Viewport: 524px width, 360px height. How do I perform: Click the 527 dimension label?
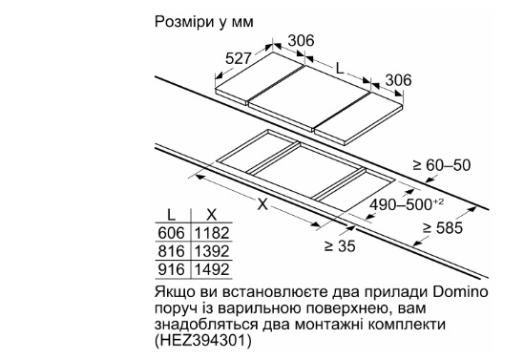click(238, 58)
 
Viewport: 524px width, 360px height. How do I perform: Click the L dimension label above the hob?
click(340, 69)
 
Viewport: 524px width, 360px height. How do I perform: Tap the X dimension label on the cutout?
click(262, 204)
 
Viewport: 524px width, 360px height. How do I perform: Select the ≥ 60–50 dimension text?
click(442, 165)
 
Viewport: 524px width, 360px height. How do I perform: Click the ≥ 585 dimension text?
click(443, 227)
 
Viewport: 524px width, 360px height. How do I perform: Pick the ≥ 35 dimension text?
click(340, 246)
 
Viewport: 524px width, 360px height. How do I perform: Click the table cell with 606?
click(171, 233)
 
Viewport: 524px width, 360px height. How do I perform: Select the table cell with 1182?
click(212, 233)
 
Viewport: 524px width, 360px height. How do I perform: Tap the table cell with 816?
click(171, 251)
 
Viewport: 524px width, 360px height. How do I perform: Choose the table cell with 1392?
click(212, 251)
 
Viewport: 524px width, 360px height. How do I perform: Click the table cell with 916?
click(171, 269)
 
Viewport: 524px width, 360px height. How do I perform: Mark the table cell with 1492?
click(212, 269)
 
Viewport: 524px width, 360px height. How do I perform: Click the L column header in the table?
click(171, 215)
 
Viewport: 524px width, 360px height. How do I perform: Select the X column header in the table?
click(212, 215)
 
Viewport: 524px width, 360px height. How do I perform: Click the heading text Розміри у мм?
click(204, 22)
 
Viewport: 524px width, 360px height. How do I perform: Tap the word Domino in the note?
click(460, 292)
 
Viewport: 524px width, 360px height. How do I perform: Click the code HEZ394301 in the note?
click(202, 341)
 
